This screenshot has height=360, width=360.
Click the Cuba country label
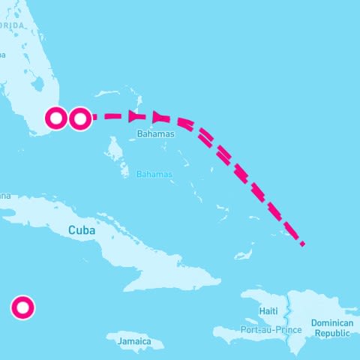point(82,230)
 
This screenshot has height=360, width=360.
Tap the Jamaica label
point(134,341)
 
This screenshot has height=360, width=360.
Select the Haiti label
point(268,310)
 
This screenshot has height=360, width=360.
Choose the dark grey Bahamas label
point(156,133)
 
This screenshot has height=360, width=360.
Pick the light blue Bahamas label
point(154,174)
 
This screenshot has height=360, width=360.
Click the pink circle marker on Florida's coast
point(56,118)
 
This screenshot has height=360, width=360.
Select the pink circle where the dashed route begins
point(80,118)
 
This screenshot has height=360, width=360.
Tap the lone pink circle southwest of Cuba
point(22,307)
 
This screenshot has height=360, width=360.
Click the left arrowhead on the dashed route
point(135,116)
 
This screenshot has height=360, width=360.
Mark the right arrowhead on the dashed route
point(158,116)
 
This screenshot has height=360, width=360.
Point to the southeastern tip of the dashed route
point(301,243)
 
